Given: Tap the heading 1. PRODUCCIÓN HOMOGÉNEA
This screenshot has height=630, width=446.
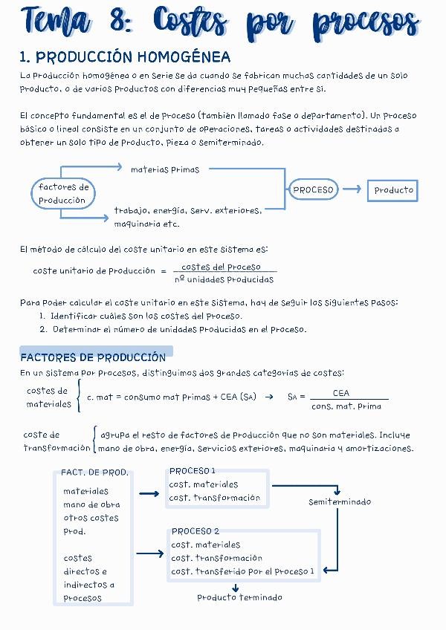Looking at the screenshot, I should pos(125,57).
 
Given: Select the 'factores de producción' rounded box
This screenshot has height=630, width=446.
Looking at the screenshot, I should pos(63,194).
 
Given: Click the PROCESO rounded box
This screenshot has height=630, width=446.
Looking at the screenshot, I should pos(313,190).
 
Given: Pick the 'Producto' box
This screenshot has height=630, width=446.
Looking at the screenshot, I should pos(393,190).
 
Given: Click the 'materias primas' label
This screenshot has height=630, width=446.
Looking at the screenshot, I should pos(165,169).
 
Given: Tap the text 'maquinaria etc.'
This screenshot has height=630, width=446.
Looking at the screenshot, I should pos(146,224).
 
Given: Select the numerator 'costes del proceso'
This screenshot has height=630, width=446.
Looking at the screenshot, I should pos(221,267).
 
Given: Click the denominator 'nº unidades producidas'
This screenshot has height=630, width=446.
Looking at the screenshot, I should pos(224,280).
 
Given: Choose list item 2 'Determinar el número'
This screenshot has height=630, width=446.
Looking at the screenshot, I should pos(173,329).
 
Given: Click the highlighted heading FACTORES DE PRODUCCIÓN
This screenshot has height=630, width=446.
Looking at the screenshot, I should pos(93,357).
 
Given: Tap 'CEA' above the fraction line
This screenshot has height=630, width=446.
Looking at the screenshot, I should pos(341,393).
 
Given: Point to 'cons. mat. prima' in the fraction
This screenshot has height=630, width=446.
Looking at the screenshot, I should pos(346,406).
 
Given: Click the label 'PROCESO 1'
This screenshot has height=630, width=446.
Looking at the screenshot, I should pos(192,471).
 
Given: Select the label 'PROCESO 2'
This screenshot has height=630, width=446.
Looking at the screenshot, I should pos(195,531).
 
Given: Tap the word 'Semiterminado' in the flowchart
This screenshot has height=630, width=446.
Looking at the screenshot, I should pos(340,502).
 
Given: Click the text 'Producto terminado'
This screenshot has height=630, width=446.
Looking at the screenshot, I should pos(239,597).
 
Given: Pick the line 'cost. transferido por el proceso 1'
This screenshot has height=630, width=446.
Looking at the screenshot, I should pos(243,571).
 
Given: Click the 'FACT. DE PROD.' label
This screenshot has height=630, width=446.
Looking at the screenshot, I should pos(94,472).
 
